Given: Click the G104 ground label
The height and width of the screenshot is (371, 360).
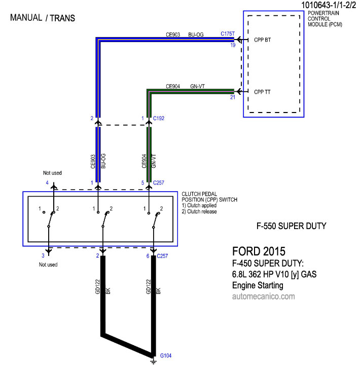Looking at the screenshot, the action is [x=166, y=355].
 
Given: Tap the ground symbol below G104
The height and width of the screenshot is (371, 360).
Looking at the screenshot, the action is [x=153, y=361].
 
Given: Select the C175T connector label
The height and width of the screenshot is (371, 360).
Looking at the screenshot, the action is [x=228, y=33].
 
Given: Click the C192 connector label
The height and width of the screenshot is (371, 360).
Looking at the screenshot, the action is [x=159, y=118].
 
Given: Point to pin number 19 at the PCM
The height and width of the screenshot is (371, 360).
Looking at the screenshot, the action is [x=233, y=45].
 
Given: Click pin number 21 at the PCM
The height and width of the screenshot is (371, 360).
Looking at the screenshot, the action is [x=233, y=97].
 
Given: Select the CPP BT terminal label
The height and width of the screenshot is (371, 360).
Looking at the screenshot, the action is [x=262, y=40].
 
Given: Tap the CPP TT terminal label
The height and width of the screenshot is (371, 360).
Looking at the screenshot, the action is [x=262, y=92].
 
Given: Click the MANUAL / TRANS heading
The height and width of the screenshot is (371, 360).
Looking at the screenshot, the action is [x=43, y=18].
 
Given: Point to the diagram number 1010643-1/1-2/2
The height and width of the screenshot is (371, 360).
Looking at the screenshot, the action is [x=329, y=5].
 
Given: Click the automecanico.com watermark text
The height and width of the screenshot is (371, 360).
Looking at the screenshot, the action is [x=264, y=296].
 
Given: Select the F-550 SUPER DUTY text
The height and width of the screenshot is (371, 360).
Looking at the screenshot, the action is [x=292, y=226].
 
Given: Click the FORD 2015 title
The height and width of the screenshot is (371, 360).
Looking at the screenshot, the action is [x=259, y=251].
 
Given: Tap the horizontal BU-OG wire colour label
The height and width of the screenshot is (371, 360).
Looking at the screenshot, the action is [x=196, y=34].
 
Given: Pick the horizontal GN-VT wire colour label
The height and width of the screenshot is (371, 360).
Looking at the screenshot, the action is [x=197, y=86].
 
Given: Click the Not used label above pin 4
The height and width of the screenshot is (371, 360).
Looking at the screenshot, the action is [x=52, y=173].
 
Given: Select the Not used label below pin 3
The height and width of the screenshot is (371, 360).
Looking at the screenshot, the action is [x=48, y=265].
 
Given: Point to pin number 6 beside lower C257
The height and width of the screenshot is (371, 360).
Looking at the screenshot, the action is [x=148, y=256].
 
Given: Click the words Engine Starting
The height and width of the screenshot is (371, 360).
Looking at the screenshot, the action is [x=258, y=285].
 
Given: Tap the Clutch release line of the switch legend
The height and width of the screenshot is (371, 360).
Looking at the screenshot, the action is [x=199, y=211].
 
